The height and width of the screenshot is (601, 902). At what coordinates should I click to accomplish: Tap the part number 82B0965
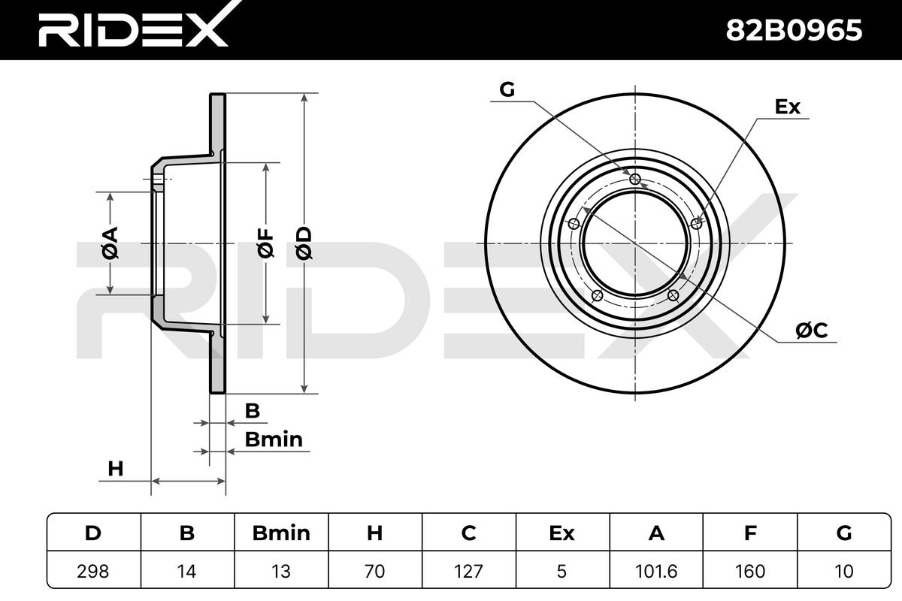tap(794, 30)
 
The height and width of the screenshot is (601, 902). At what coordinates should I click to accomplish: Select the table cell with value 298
tap(93, 571)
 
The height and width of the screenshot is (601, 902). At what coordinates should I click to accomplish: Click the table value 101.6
tap(656, 571)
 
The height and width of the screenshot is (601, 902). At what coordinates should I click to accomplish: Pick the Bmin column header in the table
tap(281, 533)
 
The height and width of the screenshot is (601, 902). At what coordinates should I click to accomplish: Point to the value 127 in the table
tap(468, 571)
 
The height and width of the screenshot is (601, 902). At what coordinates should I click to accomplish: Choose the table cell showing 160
tap(750, 571)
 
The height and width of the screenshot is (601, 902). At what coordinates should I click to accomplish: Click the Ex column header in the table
tap(561, 533)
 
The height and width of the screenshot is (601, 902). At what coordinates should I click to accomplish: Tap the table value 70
tap(374, 571)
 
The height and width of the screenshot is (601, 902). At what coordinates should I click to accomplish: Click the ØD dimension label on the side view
tap(304, 243)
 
